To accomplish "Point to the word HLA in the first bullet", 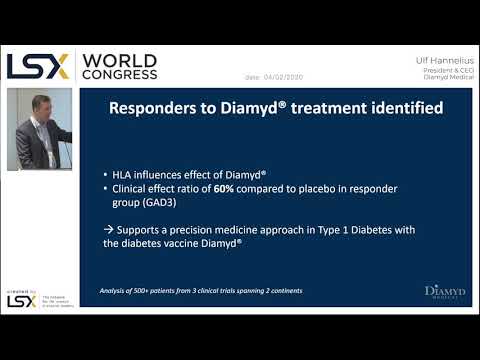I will coord(127,170).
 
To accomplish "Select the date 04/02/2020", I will coord(286,77).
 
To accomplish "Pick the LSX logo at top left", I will coord(38,66).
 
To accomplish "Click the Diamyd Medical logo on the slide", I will coord(444,292).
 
